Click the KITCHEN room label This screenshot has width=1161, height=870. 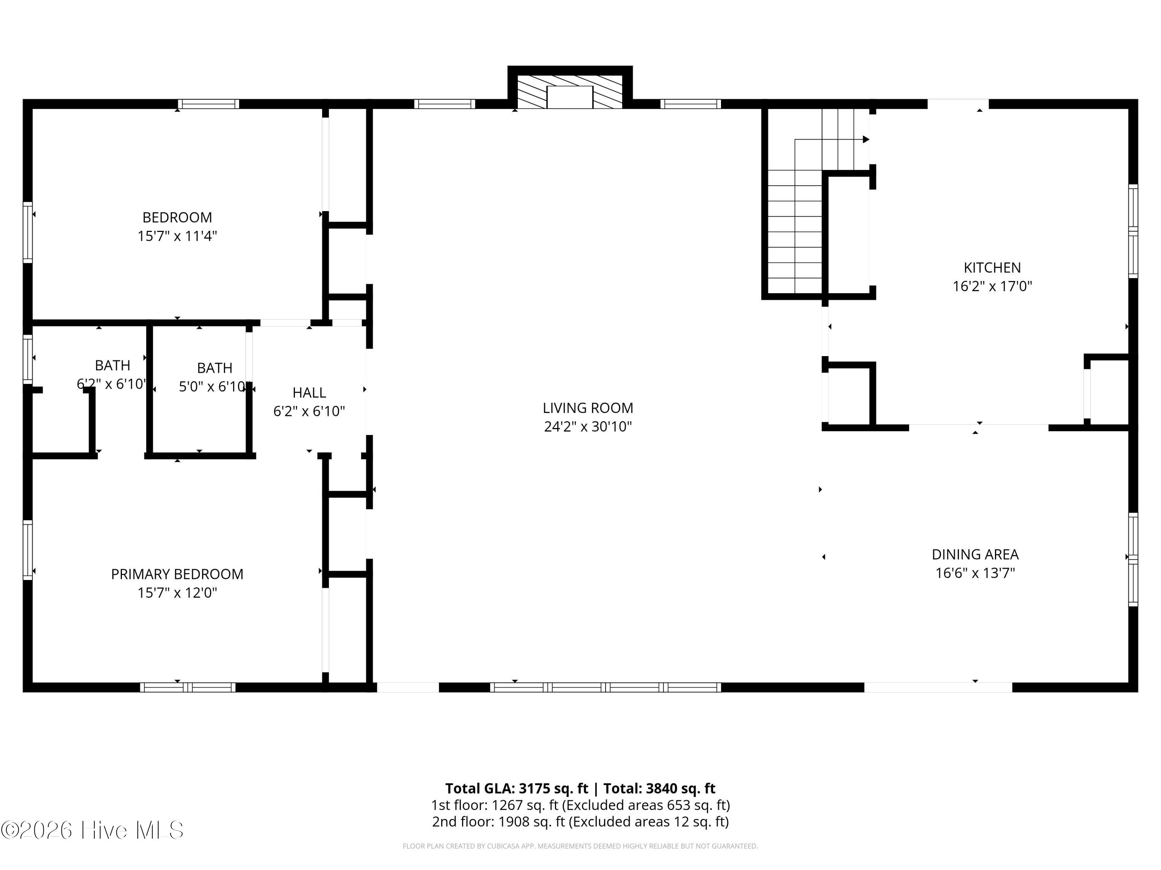click(x=991, y=268)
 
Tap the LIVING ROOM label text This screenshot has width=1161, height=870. click(x=587, y=408)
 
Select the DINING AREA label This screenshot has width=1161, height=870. click(x=975, y=554)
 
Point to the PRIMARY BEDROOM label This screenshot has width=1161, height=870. click(x=177, y=574)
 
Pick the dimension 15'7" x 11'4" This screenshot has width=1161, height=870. click(x=177, y=236)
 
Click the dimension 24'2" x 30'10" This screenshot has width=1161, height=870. click(x=587, y=426)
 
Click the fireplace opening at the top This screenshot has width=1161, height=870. click(x=570, y=97)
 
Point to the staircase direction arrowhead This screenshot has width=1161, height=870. click(x=865, y=140)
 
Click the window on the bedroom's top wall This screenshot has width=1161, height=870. click(x=208, y=104)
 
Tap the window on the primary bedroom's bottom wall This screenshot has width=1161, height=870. click(x=187, y=687)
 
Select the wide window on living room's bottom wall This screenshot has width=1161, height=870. click(x=605, y=687)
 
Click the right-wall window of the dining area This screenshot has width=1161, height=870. click(x=1133, y=560)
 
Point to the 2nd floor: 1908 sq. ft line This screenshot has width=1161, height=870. click(x=580, y=822)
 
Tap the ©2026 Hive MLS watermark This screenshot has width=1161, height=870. click(x=92, y=831)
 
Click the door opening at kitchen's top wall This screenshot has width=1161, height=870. click(x=958, y=104)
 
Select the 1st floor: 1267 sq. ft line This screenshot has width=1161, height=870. click(x=580, y=805)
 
